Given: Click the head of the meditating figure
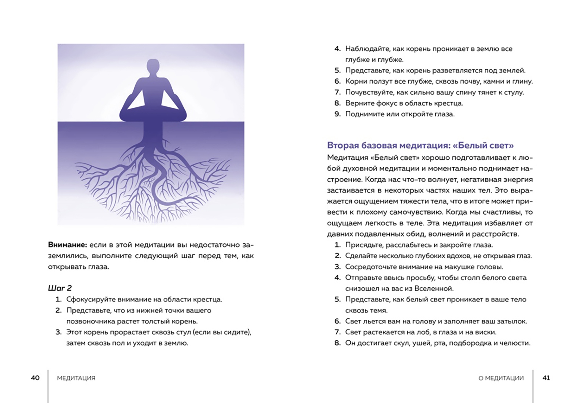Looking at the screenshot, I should coord(152,67).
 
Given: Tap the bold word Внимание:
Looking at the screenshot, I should coord(67,245).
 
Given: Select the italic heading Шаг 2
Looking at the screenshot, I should coord(60,288).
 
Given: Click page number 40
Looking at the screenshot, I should coord(35,378).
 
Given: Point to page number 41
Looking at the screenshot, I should coord(546,378).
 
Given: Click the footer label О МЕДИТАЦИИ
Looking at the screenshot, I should coord(501,378).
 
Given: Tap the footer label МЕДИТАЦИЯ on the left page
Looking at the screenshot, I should coord(76,378).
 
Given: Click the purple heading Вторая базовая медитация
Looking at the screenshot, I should coord(420,145).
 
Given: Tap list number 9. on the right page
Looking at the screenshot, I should coord(338,114).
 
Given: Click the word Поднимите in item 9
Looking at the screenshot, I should coord(363,114).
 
